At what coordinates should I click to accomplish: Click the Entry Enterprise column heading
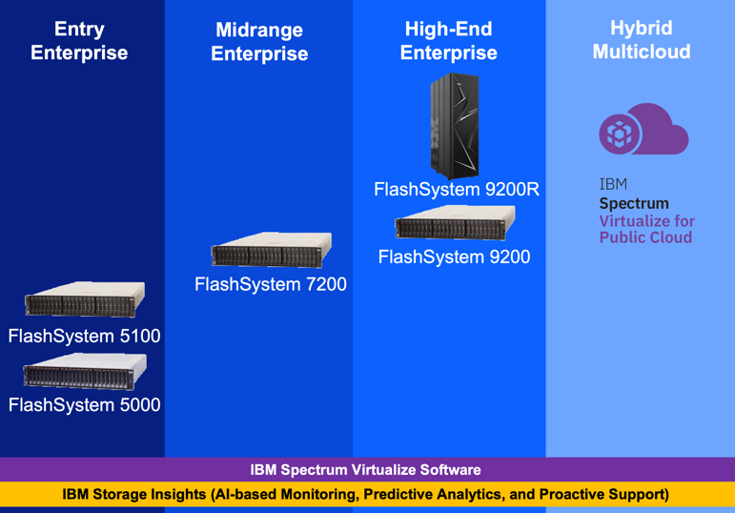click(79, 41)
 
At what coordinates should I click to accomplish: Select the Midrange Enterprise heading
click(259, 42)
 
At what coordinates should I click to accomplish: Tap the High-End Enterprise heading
click(448, 41)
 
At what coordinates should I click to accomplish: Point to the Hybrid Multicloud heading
click(642, 40)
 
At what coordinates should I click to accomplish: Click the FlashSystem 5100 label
click(84, 336)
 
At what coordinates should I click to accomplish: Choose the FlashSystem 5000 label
click(84, 404)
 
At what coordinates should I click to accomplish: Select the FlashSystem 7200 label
click(271, 284)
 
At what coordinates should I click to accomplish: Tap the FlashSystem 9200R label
click(457, 190)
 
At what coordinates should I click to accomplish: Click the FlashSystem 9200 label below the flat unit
click(454, 256)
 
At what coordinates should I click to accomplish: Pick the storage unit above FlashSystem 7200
click(272, 251)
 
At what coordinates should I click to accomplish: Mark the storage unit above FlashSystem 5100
click(85, 300)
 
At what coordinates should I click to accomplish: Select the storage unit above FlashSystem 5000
click(85, 371)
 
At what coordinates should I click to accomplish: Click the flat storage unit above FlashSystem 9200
click(454, 225)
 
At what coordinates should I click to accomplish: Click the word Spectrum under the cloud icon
click(634, 203)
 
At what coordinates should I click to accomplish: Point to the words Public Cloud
click(645, 237)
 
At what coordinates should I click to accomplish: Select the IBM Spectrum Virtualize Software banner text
click(366, 470)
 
